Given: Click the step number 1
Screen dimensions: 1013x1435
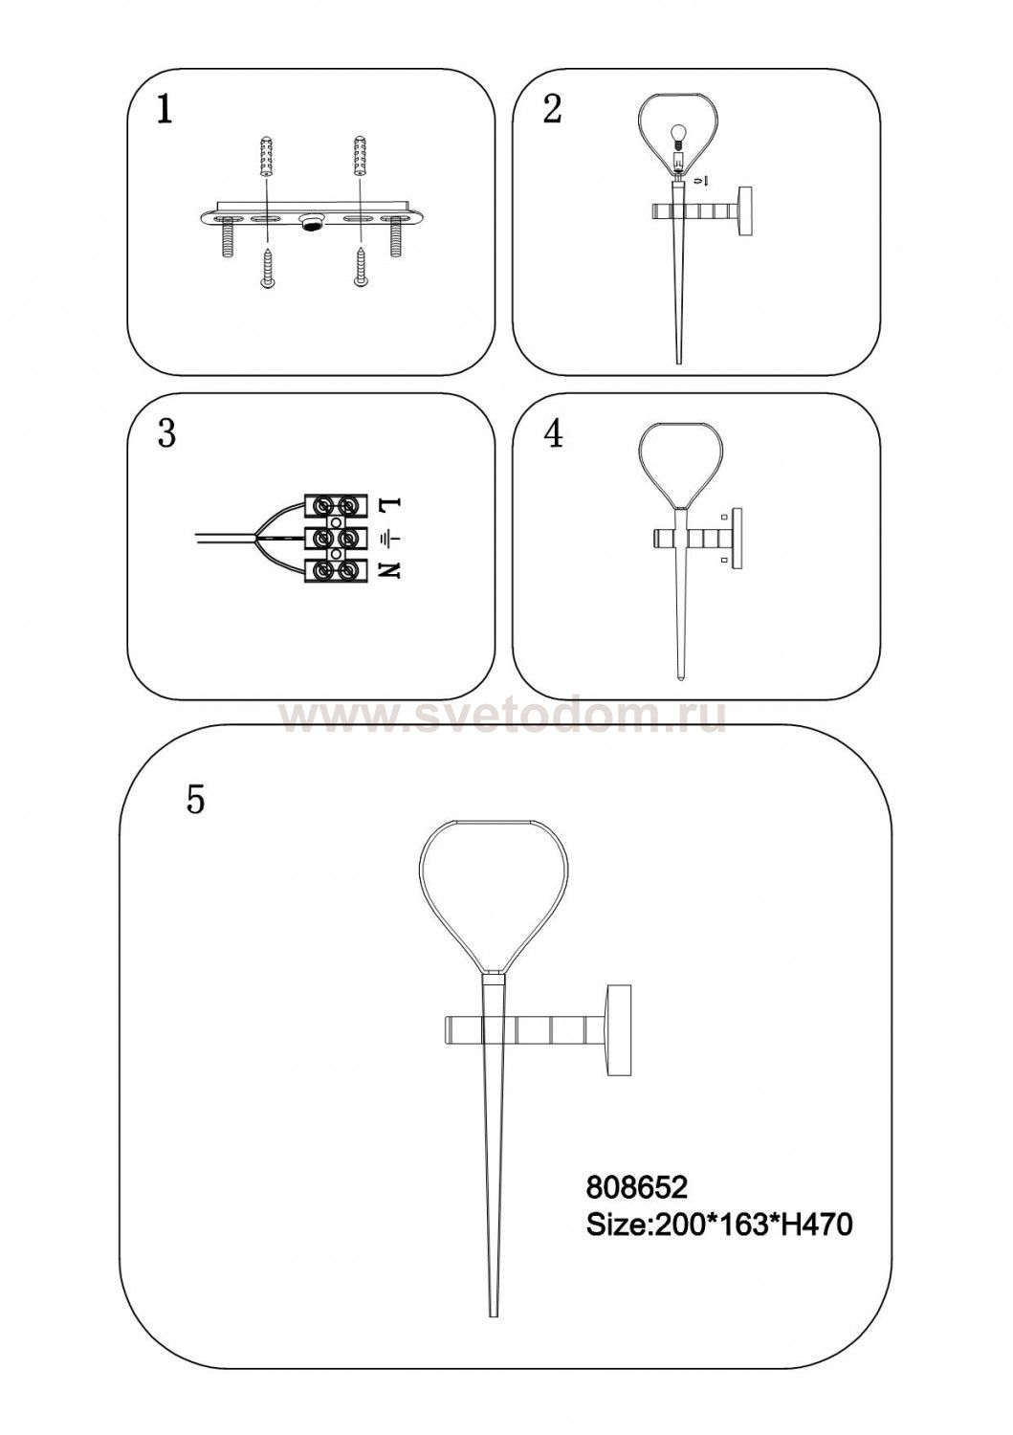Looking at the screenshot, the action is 164,111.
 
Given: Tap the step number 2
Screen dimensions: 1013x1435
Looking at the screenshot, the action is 552,109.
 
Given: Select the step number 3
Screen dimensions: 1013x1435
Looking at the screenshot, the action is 165,434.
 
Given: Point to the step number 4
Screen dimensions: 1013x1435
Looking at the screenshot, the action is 553,434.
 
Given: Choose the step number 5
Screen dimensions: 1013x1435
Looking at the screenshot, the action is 195,800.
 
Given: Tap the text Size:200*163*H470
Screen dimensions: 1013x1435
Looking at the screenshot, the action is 719,1225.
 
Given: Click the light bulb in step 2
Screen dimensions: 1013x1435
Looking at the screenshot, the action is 678,138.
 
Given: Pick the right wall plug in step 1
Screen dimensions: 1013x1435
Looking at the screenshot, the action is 360,156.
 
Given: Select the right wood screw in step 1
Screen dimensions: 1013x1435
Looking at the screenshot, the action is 360,273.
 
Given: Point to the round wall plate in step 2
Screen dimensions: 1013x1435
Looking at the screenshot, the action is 746,211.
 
